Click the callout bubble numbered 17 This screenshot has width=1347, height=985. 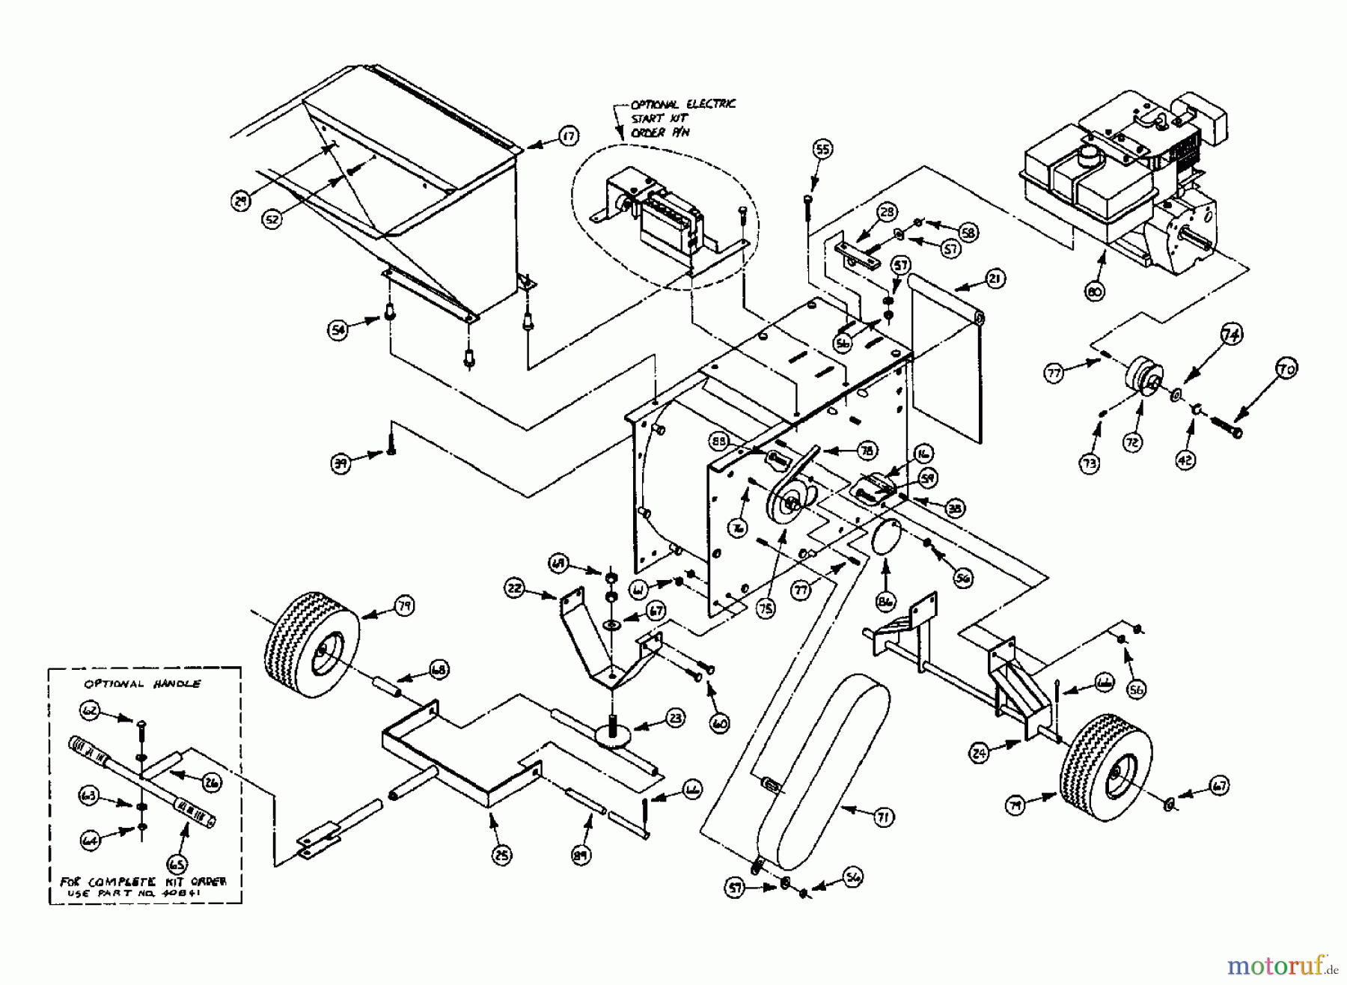tap(568, 135)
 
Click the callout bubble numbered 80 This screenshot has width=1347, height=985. tap(1093, 292)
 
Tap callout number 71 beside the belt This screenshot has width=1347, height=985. tap(882, 817)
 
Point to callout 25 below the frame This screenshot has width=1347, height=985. tap(502, 855)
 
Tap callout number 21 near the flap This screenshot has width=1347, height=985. tap(995, 280)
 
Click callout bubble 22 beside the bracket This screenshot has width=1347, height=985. tap(514, 589)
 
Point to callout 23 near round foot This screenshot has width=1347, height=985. tap(675, 719)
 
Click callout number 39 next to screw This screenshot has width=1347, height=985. tap(340, 463)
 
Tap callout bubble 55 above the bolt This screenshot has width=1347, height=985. tap(822, 150)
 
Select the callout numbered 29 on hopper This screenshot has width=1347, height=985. tap(239, 201)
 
